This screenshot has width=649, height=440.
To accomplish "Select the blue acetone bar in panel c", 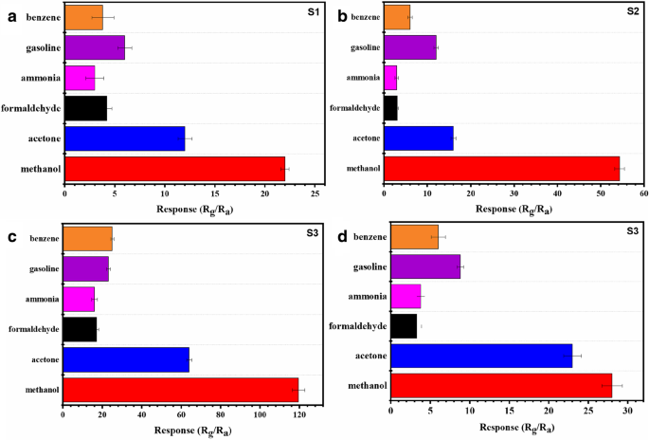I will pyautogui.click(x=126, y=359).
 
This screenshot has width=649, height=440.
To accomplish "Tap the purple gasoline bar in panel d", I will pyautogui.click(x=425, y=267).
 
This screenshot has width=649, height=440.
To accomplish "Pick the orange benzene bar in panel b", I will pyautogui.click(x=397, y=17).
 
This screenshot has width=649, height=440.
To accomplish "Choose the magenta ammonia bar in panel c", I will pyautogui.click(x=79, y=299).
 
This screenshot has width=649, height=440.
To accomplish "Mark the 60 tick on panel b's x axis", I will pyautogui.click(x=642, y=193).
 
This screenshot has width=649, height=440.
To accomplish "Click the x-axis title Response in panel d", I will pyautogui.click(x=500, y=428).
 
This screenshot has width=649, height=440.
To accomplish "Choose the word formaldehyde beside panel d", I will pyautogui.click(x=356, y=325).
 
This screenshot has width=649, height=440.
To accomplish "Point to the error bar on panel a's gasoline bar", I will pyautogui.click(x=124, y=47).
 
